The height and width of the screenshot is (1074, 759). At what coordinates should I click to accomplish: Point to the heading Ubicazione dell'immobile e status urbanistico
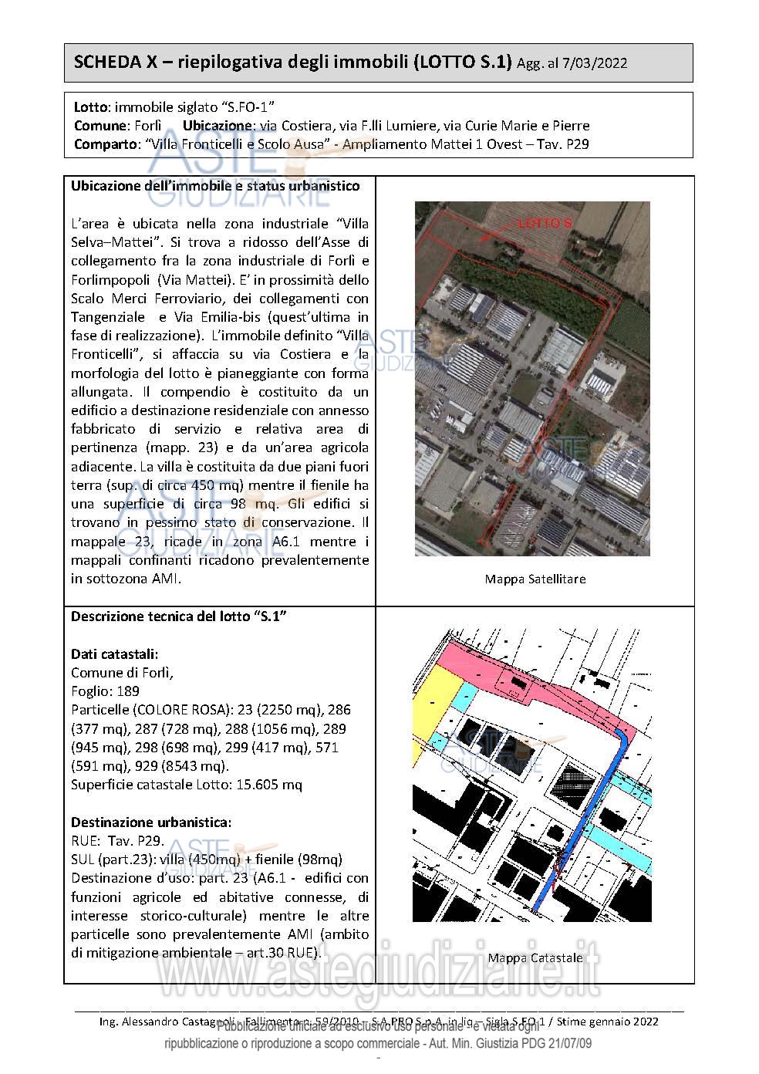(214, 186)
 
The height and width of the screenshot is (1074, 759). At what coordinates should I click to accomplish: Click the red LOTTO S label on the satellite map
(545, 223)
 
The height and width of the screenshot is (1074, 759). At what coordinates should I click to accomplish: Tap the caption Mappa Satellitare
(535, 579)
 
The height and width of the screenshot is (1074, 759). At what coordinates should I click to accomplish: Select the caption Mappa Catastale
(535, 957)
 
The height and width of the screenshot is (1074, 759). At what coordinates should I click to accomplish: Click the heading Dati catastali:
(115, 654)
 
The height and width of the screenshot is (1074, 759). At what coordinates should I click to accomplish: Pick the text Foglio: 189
(105, 691)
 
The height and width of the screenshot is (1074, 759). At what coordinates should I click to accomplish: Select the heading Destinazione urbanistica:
(151, 822)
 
